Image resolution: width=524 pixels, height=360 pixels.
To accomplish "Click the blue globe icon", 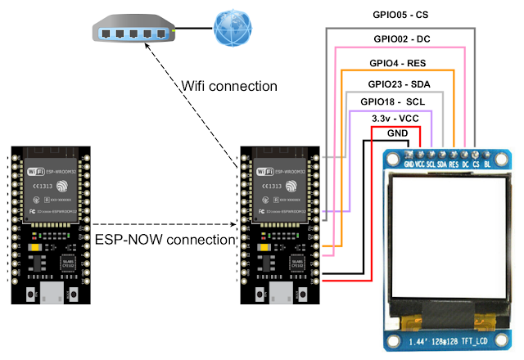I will pyautogui.click(x=231, y=29).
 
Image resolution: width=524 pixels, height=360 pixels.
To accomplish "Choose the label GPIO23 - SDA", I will pyautogui.click(x=399, y=83).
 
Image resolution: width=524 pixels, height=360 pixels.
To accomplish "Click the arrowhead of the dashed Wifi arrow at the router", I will pyautogui.click(x=149, y=47).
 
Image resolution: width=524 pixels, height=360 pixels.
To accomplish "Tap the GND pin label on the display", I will pyautogui.click(x=408, y=163).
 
